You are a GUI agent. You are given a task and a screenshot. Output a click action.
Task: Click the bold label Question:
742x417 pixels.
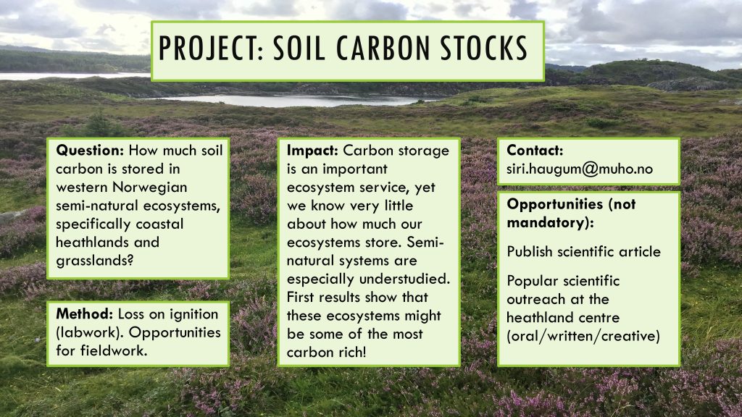tap(90, 151)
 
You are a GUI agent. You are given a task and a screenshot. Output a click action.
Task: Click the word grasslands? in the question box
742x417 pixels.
tap(95, 261)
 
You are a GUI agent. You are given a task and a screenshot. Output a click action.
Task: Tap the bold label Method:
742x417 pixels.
tap(84, 313)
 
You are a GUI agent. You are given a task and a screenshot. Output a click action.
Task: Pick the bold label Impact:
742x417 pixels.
tap(312, 151)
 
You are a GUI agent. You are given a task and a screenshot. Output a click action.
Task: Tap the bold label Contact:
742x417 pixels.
tap(535, 151)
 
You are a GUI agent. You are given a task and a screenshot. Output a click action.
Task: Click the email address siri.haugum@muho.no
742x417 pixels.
tap(580, 169)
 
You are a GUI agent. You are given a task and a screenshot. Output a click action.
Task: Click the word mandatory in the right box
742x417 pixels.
tap(548, 222)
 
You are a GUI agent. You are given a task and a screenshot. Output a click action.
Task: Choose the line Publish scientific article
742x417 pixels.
tap(583, 251)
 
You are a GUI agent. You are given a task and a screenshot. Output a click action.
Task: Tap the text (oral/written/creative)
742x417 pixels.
tap(583, 336)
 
